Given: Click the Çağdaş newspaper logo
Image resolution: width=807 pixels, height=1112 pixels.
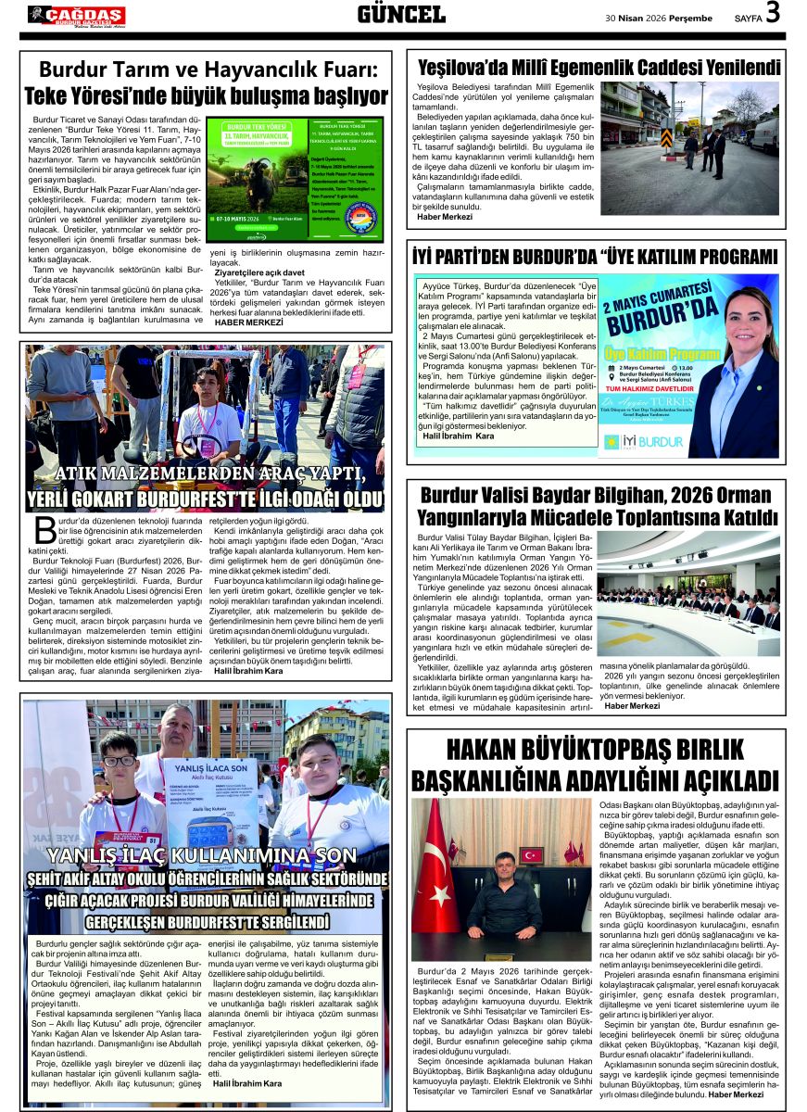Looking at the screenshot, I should click(x=76, y=16).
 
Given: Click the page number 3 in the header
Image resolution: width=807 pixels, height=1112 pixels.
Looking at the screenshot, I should click(x=773, y=13).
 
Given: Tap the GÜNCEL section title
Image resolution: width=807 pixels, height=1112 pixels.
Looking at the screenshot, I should click(x=401, y=14).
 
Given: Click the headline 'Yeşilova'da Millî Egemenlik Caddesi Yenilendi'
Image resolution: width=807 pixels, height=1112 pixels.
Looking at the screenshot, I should click(x=599, y=67).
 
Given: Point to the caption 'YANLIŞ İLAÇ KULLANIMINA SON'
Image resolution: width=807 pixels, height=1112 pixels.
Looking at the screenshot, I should click(x=202, y=854).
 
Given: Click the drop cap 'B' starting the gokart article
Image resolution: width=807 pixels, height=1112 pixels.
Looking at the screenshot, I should click(x=44, y=530).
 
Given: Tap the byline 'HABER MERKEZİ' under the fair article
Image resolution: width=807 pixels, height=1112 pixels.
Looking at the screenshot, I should click(x=248, y=322).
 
